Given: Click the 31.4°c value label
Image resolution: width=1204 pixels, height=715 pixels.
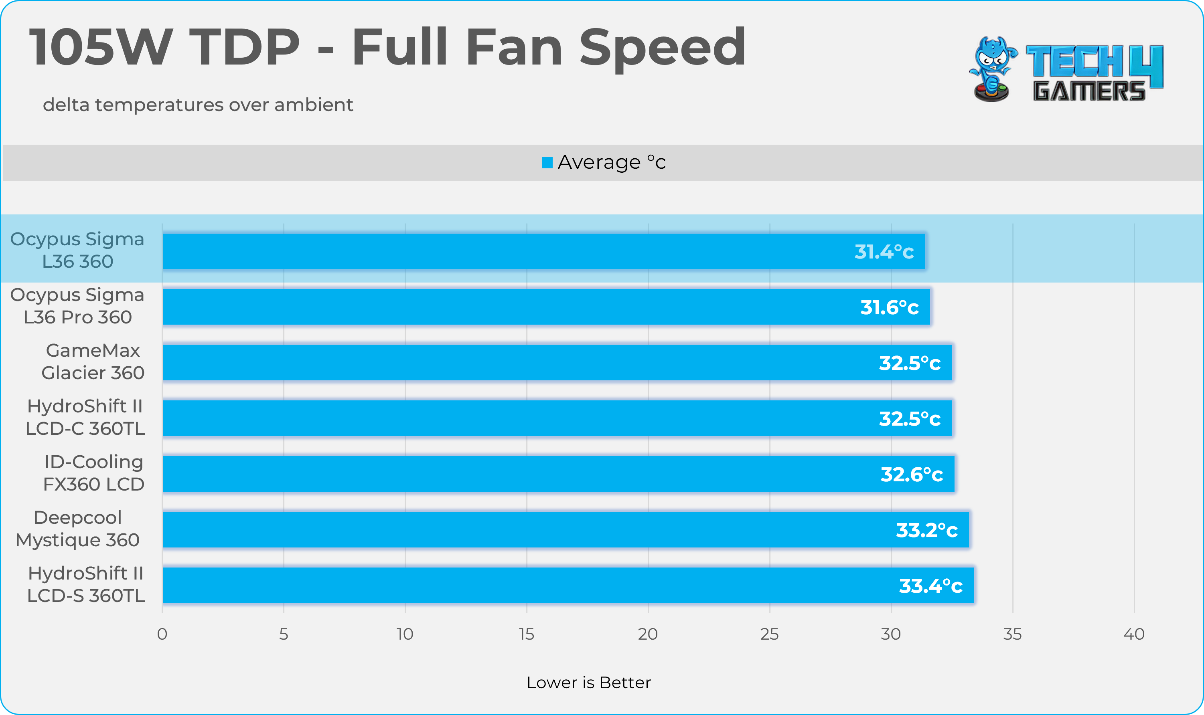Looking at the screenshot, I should point(884,252).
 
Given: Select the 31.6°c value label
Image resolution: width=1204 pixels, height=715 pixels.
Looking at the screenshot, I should point(889,307).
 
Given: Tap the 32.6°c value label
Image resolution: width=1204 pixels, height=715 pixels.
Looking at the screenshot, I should point(912,475).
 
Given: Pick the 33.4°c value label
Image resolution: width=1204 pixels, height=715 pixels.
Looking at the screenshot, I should point(930,586).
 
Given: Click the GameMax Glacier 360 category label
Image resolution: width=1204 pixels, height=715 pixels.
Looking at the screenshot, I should point(93,362).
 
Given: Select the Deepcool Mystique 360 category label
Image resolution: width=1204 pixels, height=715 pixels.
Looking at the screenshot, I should point(77,529).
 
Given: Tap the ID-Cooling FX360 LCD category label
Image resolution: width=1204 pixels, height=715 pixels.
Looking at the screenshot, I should point(93,473).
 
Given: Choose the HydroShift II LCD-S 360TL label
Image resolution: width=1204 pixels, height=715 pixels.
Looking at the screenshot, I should point(86,584).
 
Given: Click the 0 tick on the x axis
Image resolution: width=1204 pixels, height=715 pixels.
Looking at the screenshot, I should point(162,634).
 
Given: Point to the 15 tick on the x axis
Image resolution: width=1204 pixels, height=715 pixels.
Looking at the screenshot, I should point(526,634).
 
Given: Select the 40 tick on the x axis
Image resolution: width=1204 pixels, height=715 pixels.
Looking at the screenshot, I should point(1134,634).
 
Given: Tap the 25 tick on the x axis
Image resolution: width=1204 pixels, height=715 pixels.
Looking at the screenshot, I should point(769,634).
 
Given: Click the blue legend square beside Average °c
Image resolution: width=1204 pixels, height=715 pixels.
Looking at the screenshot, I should point(547,163).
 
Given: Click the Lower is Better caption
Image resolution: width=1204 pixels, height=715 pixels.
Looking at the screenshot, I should point(588,683).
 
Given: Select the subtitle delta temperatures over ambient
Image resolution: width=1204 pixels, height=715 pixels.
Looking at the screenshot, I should point(198,105).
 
